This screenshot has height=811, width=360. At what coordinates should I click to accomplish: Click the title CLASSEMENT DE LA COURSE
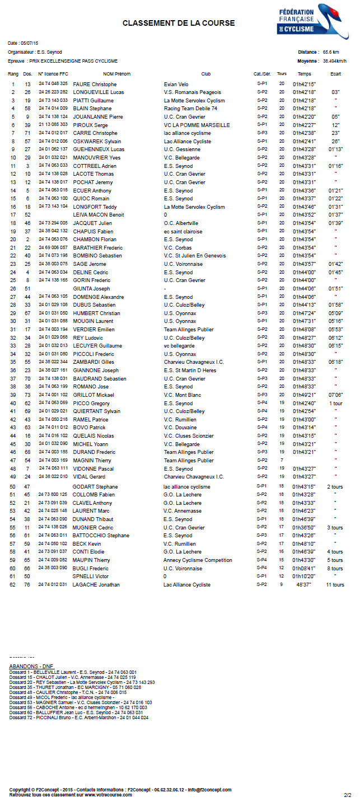point(179,24)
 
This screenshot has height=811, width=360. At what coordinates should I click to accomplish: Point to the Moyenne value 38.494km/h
point(334,61)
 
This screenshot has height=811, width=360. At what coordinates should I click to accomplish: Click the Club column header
point(206,74)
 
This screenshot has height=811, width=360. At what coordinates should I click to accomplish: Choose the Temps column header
point(305,74)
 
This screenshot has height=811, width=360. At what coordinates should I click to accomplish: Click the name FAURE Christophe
point(95,84)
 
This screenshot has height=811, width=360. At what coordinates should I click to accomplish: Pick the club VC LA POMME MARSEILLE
point(197,125)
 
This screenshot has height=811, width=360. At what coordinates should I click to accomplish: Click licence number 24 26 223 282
point(53,92)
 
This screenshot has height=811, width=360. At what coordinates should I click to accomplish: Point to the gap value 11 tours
point(335,584)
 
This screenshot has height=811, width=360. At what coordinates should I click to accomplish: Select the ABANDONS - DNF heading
point(31,666)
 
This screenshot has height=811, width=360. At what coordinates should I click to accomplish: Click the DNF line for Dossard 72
point(79,717)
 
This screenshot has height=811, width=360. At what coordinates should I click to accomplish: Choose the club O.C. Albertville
point(181,223)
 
